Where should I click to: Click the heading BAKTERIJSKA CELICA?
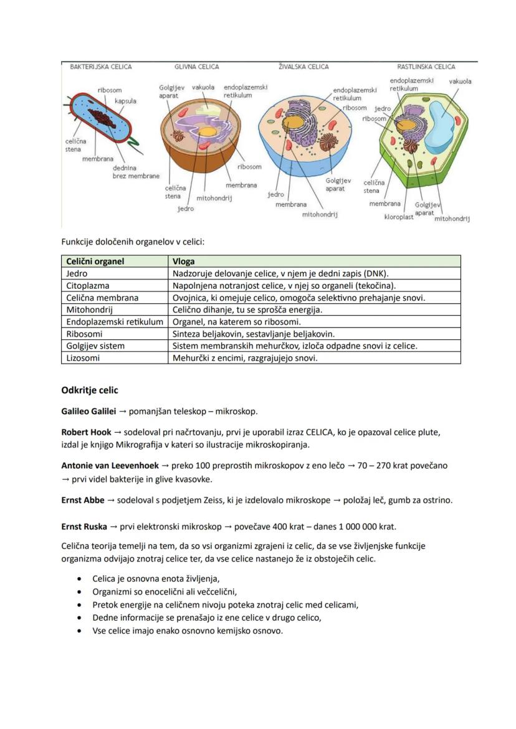pos(100,67)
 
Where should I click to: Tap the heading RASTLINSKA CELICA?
pos(426,67)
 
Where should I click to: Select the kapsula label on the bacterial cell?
pos(125,101)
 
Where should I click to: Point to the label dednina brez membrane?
pos(135,172)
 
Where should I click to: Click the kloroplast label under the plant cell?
pos(398,217)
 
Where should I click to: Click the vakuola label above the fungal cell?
pos(203,88)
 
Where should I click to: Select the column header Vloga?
pos(184,261)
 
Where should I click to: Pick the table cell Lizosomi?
pos(83,358)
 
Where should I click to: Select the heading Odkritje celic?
pos(90,390)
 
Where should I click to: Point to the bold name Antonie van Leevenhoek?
pos(110,466)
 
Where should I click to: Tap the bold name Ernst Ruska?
pos(84,527)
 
